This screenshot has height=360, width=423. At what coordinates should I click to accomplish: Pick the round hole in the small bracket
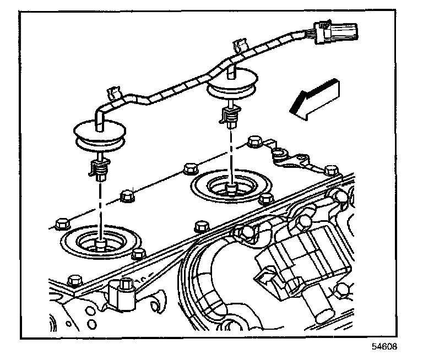tap(279, 152)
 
